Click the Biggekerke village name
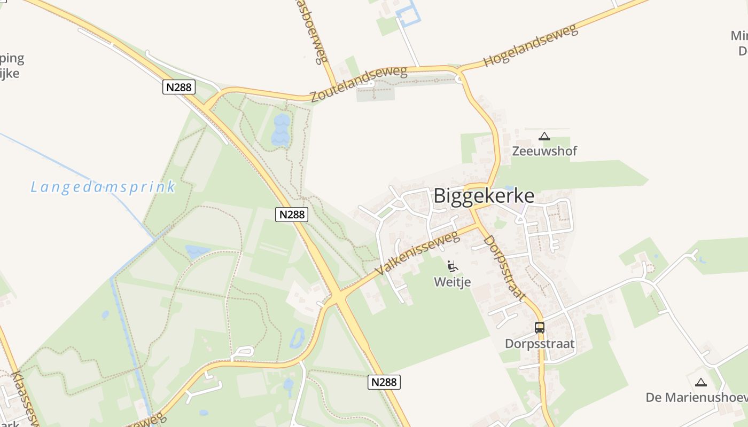click(x=484, y=196)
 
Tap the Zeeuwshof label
click(x=544, y=151)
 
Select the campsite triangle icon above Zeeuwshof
click(x=544, y=136)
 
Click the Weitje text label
click(x=453, y=281)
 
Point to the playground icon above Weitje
click(x=453, y=265)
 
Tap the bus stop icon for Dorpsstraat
click(x=540, y=328)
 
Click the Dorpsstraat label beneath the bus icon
click(x=540, y=344)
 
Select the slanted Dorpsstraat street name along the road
click(x=505, y=268)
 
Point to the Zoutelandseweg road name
click(x=359, y=84)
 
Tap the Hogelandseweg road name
click(x=531, y=45)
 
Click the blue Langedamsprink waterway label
click(x=103, y=187)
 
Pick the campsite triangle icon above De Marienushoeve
click(x=700, y=382)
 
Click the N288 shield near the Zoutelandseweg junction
click(x=179, y=87)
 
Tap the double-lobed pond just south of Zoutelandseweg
click(x=280, y=130)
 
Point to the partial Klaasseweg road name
click(x=25, y=398)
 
